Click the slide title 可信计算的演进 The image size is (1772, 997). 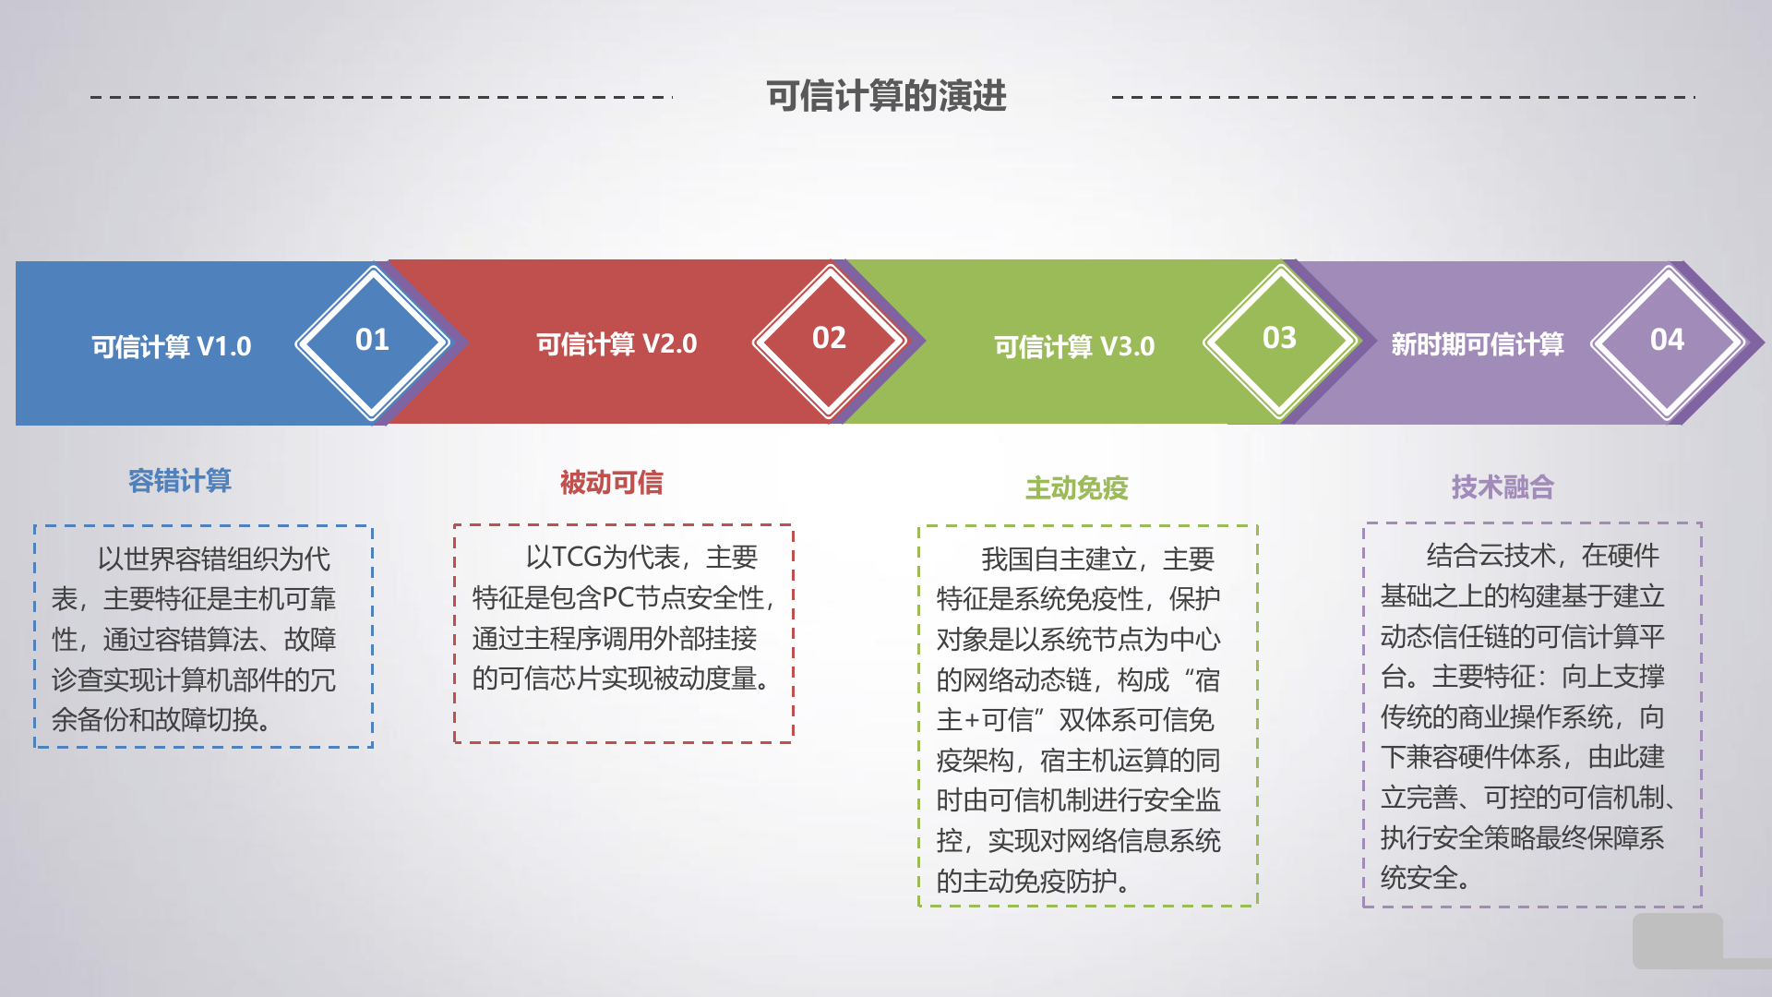886,96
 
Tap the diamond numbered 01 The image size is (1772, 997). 372,341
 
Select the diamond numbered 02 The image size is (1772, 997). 829,339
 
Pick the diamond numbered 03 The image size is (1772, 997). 1279,339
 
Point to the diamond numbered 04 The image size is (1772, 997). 1667,341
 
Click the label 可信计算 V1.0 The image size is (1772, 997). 172,347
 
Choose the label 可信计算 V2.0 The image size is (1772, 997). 617,344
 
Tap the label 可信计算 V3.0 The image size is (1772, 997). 1074,347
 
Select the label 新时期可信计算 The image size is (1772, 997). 1477,344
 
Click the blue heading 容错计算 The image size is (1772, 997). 180,481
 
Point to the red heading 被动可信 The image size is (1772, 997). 611,483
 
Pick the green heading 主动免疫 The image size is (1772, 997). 1077,488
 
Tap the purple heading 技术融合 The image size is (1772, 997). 1503,486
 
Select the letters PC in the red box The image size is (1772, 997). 617,598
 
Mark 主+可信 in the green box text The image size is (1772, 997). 985,720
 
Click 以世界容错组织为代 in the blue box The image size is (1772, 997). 214,559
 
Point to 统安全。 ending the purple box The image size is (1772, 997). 1425,878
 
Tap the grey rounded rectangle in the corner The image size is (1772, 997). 1677,941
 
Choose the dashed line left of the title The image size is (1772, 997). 381,97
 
